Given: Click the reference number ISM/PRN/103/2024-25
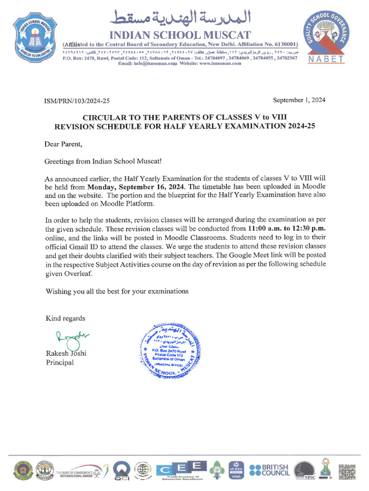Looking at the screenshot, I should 77,100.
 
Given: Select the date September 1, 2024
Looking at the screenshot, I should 299,100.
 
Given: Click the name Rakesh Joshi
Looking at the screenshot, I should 66,354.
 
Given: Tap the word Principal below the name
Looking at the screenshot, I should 60,362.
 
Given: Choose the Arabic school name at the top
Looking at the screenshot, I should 181,18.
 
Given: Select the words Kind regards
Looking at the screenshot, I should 65,318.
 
